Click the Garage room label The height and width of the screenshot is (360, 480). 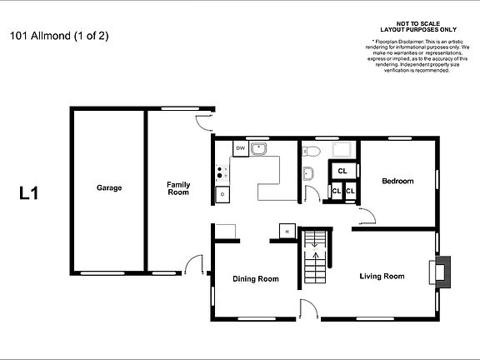(108, 187)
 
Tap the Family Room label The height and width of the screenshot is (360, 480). (177, 188)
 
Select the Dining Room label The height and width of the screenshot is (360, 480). (256, 278)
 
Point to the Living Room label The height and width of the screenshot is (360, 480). (382, 276)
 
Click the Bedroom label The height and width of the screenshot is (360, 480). (397, 181)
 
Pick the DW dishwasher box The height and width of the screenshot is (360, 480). (240, 148)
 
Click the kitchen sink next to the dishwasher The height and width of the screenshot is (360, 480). (260, 148)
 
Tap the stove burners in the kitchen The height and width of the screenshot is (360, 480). (222, 173)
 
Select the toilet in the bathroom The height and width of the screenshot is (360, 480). (311, 150)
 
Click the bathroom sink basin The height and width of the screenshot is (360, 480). (307, 174)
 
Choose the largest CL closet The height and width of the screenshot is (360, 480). (342, 172)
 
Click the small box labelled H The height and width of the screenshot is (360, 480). (287, 231)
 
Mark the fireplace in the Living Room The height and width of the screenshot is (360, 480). (439, 271)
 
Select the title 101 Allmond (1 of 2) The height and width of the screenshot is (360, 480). (59, 36)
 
